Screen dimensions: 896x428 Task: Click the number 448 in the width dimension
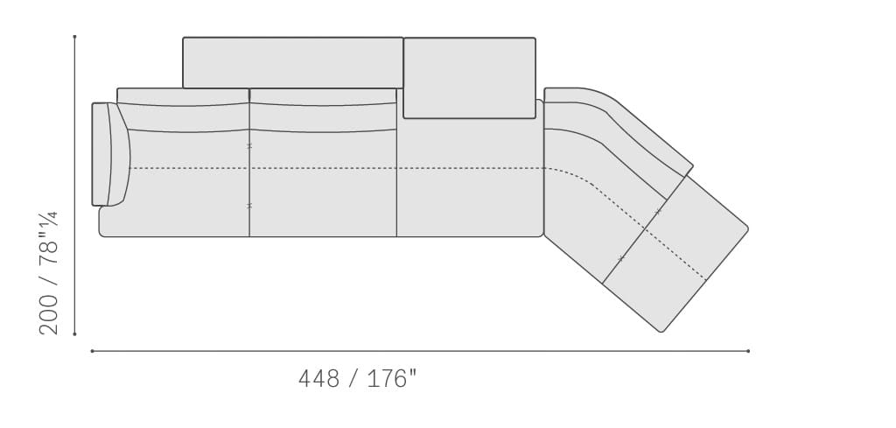[x=318, y=378]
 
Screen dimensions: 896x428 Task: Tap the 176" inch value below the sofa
[x=392, y=378]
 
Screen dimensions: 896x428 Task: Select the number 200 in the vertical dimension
[x=49, y=314]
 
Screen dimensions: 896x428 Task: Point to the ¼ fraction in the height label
[x=50, y=220]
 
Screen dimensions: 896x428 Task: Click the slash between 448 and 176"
[x=353, y=378]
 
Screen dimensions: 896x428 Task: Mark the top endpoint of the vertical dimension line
[x=75, y=37]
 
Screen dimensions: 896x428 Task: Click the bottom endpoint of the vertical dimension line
[x=75, y=334]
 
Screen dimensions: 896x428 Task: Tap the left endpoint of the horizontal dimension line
[x=92, y=351]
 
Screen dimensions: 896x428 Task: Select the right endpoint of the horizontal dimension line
[x=749, y=351]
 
